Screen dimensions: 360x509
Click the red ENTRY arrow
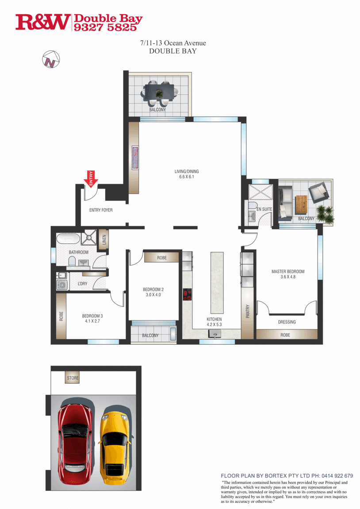(91, 179)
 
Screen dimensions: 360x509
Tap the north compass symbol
(51, 59)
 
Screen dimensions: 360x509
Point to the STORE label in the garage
(73, 378)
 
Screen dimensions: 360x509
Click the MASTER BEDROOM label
(288, 271)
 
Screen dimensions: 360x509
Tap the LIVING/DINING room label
(187, 171)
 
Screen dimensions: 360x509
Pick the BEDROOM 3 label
(92, 316)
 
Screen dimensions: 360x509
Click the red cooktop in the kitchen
(187, 294)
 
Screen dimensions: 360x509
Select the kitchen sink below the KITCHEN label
(214, 334)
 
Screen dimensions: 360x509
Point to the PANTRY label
(248, 311)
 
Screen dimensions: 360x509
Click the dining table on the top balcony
(159, 93)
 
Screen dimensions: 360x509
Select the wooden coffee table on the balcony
(301, 205)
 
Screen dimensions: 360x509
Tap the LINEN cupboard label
(104, 240)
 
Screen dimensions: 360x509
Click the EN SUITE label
(264, 209)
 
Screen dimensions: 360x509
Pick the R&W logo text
(43, 23)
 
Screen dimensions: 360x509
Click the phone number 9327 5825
(105, 27)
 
